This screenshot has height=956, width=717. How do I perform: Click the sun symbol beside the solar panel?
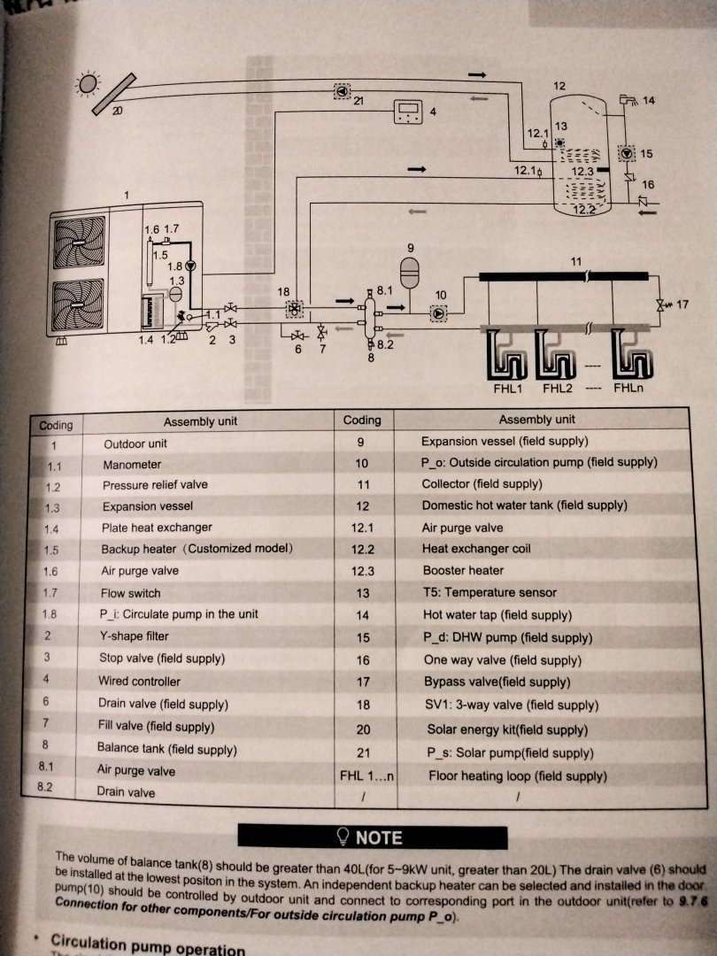coord(88,84)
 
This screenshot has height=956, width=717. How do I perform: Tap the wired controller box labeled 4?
coord(409,112)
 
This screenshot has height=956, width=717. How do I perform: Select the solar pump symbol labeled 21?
coord(342,91)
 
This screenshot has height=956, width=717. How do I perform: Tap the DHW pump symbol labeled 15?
coord(627,153)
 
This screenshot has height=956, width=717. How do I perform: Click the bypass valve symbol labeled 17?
coord(659,305)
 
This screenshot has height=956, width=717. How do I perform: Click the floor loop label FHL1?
coord(506,389)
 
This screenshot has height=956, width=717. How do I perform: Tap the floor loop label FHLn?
coord(628,389)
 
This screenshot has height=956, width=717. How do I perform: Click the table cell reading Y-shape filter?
coord(135,636)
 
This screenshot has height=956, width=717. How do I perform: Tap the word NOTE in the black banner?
coord(378,837)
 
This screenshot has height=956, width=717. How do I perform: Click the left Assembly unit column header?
coord(200,422)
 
